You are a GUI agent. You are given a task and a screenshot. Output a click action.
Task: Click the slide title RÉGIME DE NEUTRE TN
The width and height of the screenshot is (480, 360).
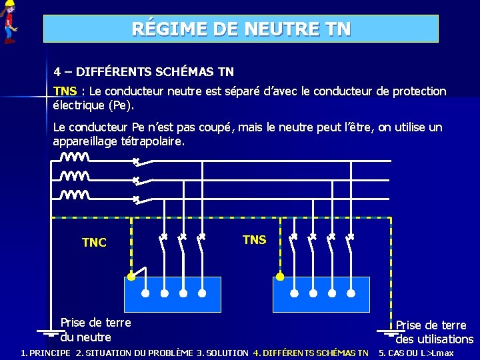[x=241, y=29]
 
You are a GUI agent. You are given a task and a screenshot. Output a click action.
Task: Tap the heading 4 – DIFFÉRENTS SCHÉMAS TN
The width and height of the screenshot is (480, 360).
[x=143, y=71]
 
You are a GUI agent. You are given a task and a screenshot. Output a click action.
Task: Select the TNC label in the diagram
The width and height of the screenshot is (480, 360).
[x=94, y=243]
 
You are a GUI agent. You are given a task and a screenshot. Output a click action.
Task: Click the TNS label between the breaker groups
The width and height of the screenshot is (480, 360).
[x=254, y=240]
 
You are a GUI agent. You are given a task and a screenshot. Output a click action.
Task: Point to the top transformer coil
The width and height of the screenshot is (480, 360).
[x=75, y=158]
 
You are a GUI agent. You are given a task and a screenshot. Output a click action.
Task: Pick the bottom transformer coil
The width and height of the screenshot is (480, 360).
[x=75, y=195]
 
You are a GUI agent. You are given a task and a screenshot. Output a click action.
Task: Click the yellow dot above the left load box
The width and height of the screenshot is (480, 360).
[x=131, y=276]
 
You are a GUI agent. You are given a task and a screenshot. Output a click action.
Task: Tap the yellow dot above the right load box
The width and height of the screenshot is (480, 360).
[x=280, y=276]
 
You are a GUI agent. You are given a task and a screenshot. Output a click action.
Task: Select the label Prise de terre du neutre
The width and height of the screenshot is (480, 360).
[x=95, y=329]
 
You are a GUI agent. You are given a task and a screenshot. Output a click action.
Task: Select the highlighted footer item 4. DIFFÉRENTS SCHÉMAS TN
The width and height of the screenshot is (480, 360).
[x=311, y=353]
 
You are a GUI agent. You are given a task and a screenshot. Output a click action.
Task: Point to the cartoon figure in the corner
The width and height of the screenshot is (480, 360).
[x=9, y=22]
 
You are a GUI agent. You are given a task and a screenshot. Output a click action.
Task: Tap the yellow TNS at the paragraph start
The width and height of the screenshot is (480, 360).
[x=65, y=91]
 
